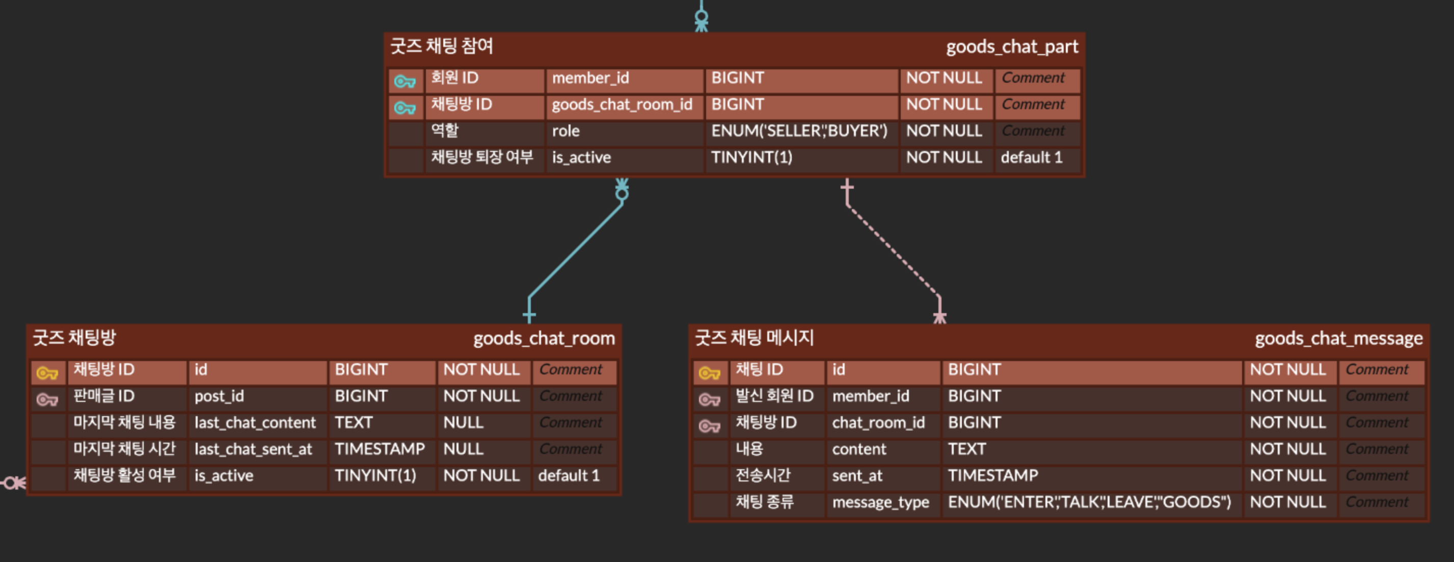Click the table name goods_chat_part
point(1011,47)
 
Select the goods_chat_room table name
point(544,338)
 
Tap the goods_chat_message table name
point(1338,338)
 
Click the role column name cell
point(566,131)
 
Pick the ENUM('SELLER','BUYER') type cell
point(799,131)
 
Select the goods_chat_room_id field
point(622,105)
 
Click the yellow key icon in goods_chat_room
point(47,373)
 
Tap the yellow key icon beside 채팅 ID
point(709,373)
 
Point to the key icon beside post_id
point(47,400)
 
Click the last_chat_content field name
point(255,422)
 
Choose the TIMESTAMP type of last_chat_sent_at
point(380,449)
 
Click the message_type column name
point(880,502)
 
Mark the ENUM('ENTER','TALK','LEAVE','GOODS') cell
point(1089,502)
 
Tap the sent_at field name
point(857,476)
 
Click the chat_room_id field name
point(878,422)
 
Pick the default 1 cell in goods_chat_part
point(1031,158)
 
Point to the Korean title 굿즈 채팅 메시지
point(754,338)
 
